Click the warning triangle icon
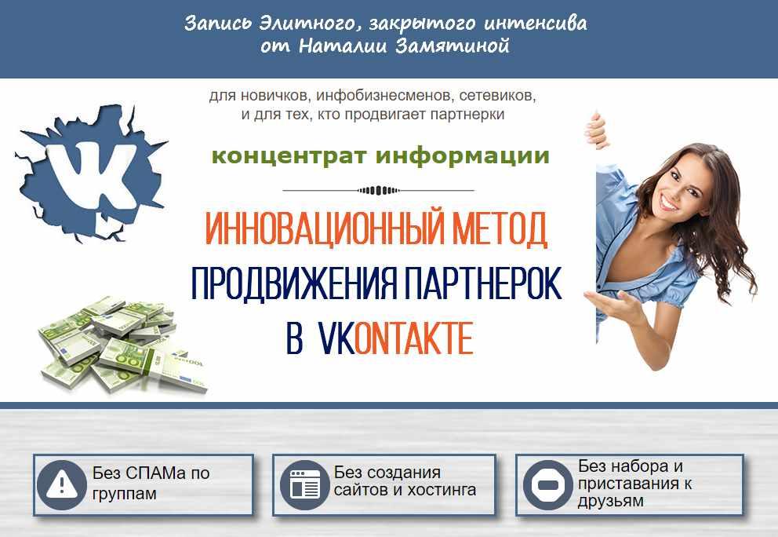[x=61, y=485]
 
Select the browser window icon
[x=304, y=484]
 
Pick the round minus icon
[x=548, y=484]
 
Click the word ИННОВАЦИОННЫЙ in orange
[x=324, y=228]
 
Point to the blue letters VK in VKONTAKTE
[x=336, y=338]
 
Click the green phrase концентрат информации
[x=380, y=155]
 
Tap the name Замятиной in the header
[x=453, y=46]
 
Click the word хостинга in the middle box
[x=442, y=491]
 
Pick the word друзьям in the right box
[x=610, y=501]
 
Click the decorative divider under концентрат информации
[x=378, y=190]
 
